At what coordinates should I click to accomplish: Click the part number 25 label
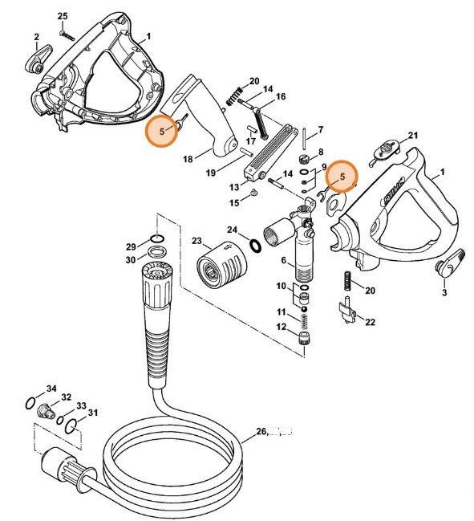point(63,17)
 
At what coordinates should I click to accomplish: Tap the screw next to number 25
point(67,34)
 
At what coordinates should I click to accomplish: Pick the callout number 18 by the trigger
point(187,160)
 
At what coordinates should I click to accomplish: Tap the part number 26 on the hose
point(260,431)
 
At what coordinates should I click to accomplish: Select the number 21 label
point(413,135)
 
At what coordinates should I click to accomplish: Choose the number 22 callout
point(370,322)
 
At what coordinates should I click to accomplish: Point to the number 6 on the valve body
point(282,260)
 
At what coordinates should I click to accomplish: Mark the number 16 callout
point(280,97)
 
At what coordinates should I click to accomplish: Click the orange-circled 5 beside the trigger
point(161,130)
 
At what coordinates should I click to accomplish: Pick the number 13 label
point(234,186)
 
